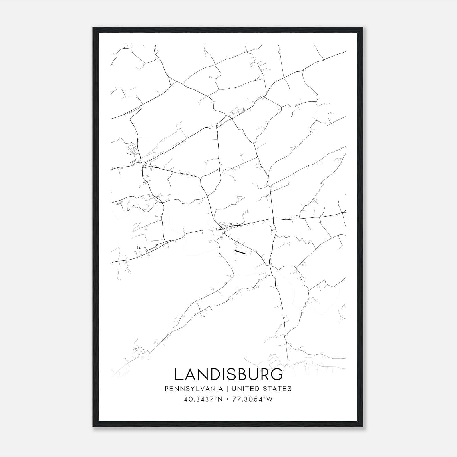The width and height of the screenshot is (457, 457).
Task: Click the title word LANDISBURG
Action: [228, 374]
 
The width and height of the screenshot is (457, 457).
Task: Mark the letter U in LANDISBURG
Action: [252, 374]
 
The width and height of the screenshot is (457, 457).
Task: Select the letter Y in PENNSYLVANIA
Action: [187, 388]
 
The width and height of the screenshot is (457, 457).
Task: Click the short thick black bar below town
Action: [240, 252]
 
